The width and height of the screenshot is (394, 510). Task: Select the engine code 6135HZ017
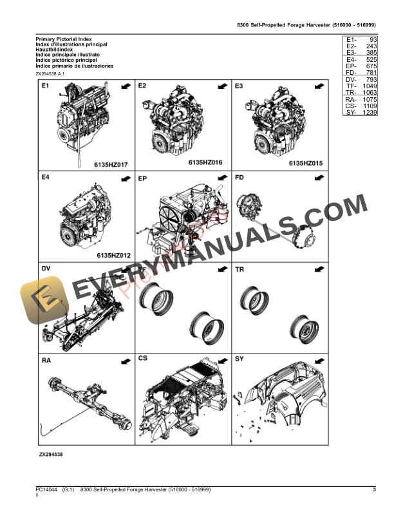click(111, 165)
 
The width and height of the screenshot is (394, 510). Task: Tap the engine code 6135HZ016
click(205, 164)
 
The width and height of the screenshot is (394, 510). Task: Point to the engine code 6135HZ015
click(305, 164)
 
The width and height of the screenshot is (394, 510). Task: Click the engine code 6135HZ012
click(113, 256)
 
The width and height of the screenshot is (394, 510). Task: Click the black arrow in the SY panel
click(319, 359)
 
